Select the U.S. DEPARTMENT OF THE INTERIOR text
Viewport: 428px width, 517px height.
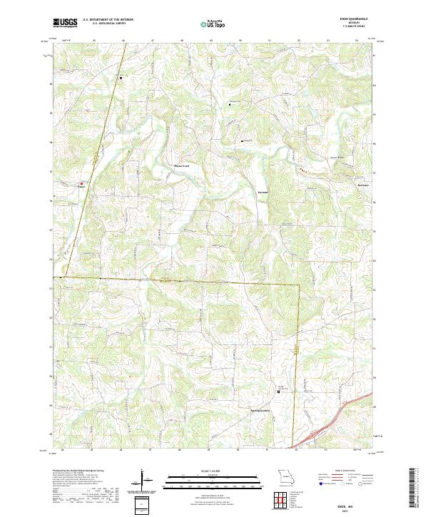point(108,20)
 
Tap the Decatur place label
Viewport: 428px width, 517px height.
point(263,193)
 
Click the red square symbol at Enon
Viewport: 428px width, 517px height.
point(82,183)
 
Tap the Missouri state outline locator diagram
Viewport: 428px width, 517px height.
point(285,476)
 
